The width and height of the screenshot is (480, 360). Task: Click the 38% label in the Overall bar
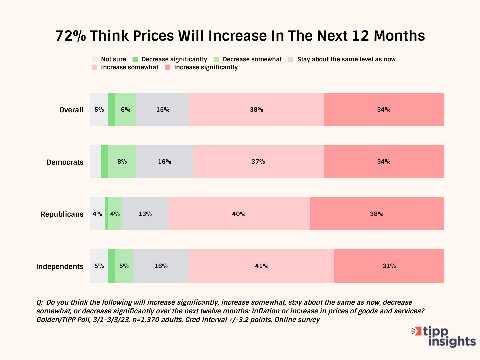256,110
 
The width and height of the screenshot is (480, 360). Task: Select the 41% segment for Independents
262,266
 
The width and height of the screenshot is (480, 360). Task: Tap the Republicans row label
62,214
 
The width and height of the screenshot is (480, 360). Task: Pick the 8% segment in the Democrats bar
122,162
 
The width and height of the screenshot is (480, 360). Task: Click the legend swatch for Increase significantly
168,67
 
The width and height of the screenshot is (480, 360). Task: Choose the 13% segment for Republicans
145,214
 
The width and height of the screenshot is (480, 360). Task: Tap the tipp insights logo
444,337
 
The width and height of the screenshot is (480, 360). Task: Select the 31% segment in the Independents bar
389,266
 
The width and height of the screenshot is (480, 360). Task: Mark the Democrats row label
65,162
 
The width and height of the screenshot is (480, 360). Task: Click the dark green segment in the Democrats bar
104,162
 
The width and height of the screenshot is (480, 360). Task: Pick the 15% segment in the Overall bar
163,110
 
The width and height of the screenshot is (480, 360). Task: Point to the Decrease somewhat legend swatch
216,59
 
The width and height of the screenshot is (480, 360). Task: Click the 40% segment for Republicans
239,214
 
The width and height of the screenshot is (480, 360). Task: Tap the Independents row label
60,267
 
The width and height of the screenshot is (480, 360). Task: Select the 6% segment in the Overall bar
126,110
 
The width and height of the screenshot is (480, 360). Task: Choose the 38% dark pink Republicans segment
377,214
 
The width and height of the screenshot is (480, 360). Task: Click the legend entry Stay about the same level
346,59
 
